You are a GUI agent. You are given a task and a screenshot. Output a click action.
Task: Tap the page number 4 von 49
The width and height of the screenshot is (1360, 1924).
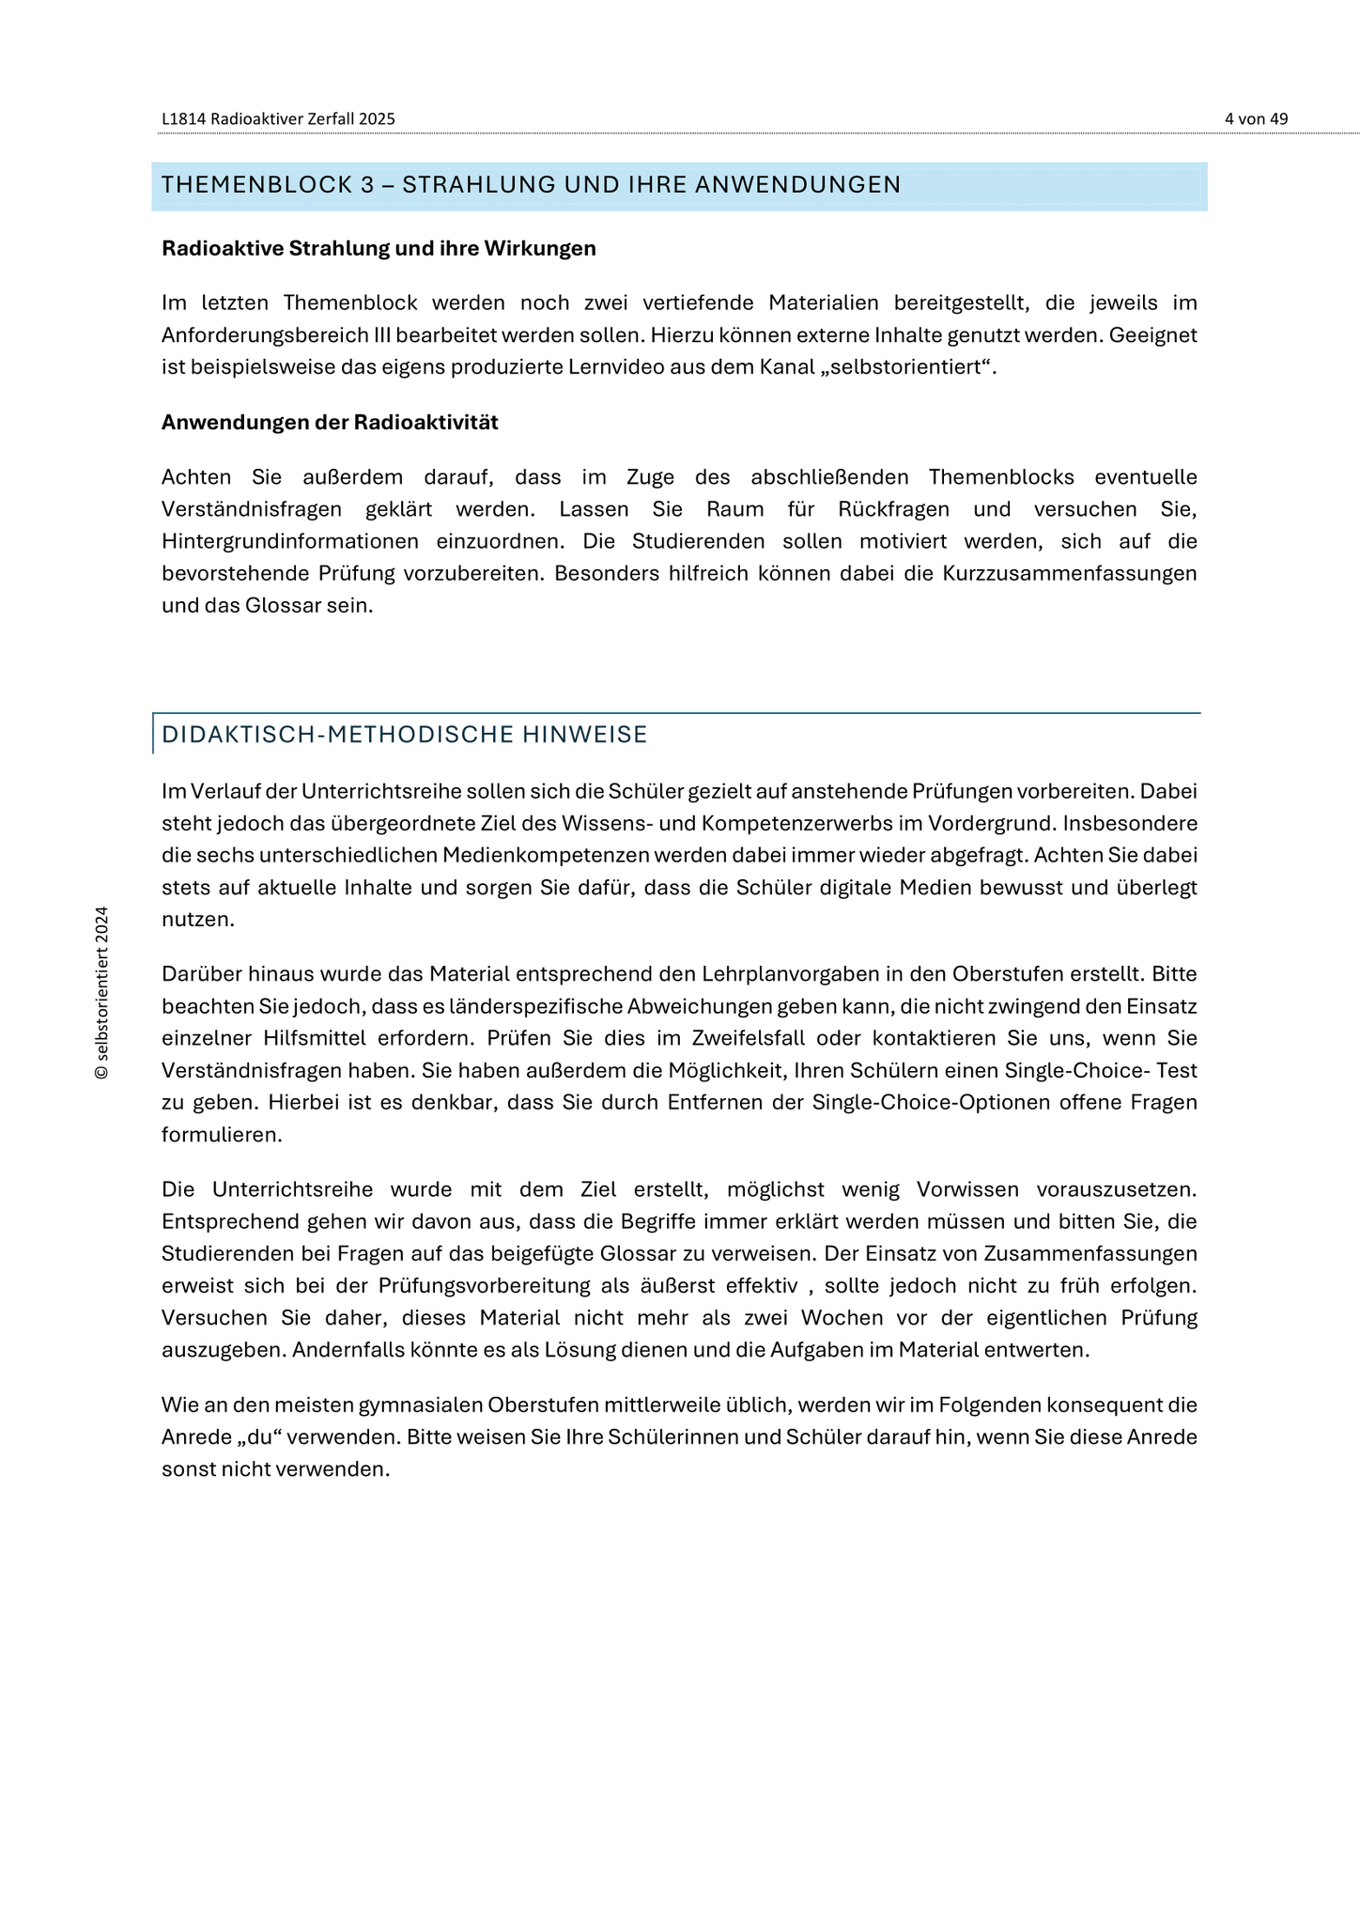tap(1256, 119)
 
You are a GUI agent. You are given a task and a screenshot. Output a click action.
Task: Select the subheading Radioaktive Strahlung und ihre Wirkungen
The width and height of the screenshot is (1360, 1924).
tap(379, 249)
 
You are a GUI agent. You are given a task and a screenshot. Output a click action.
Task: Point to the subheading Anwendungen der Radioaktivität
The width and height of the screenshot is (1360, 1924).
tap(330, 423)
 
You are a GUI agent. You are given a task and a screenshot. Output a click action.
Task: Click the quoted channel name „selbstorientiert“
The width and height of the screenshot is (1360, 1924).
tap(907, 367)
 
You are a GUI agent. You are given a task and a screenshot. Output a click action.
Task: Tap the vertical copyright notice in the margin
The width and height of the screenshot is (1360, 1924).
tap(102, 992)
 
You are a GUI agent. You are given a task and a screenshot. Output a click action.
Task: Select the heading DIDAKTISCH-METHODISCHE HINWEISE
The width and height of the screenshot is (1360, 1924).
tap(405, 735)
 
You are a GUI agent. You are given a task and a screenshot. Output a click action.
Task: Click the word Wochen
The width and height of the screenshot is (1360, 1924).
tap(833, 1318)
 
